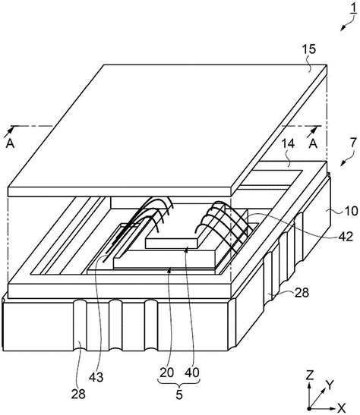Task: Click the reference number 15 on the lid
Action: [309, 49]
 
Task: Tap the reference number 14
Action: [287, 143]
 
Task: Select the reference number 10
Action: [351, 212]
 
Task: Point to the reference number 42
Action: [346, 237]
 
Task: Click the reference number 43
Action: [96, 377]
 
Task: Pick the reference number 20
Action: [166, 373]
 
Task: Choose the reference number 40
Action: [192, 373]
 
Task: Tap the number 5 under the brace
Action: [179, 395]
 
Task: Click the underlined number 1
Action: [354, 8]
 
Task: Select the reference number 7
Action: [353, 143]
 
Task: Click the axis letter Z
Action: [310, 376]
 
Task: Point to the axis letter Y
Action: [330, 385]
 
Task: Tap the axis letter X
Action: [342, 407]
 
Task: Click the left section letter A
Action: [10, 143]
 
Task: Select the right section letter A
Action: [314, 143]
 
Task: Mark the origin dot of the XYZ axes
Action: [309, 408]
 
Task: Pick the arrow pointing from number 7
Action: [348, 159]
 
